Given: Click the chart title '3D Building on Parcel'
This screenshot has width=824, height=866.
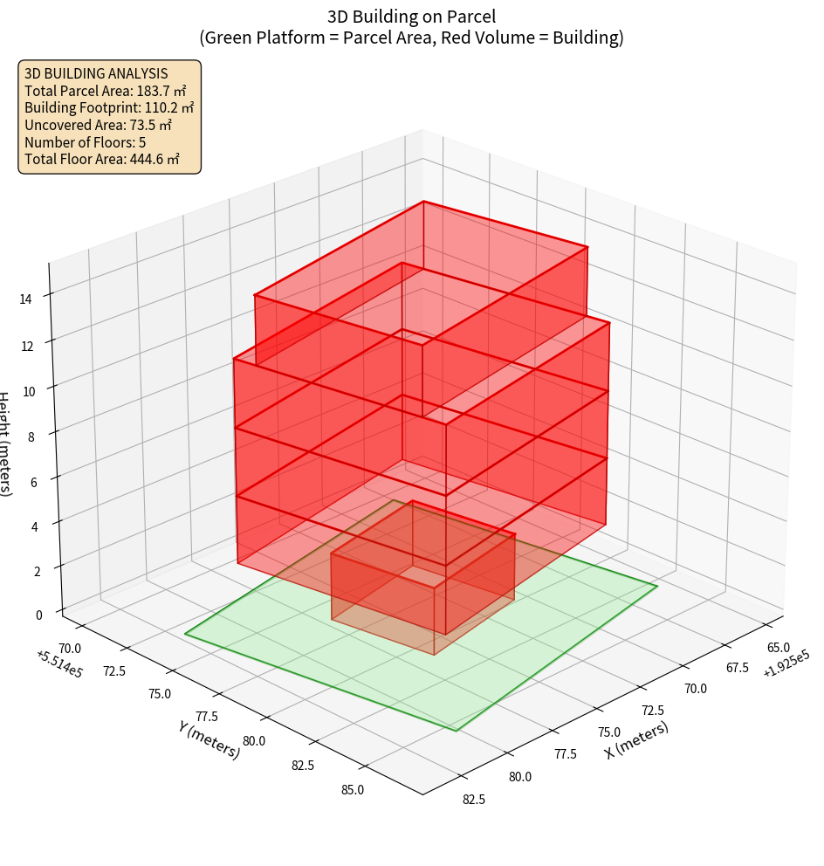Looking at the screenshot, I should tap(412, 16).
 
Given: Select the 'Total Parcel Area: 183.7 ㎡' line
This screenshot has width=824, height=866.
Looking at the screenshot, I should tap(106, 91).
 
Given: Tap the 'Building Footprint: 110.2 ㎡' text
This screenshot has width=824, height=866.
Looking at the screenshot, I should tap(109, 107).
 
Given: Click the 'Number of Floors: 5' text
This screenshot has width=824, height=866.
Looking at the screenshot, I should tap(86, 142).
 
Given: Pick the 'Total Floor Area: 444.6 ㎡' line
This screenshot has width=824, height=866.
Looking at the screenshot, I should tap(102, 159).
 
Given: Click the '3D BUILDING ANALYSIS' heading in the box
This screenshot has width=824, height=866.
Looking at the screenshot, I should tap(96, 73).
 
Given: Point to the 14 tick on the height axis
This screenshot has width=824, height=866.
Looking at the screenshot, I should tap(26, 299).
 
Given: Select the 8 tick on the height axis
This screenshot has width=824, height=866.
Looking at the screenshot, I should tap(31, 435).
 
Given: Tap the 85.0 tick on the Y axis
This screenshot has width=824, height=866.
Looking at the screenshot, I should tap(353, 790).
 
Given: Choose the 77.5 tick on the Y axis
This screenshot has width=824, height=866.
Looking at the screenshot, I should tap(205, 718).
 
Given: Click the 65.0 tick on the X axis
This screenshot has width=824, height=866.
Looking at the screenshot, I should tap(778, 648).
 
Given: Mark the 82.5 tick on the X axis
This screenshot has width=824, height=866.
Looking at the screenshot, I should tap(474, 799).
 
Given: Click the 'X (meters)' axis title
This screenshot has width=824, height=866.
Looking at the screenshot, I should tap(637, 740).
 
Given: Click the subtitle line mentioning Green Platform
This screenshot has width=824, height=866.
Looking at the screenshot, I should tap(412, 38).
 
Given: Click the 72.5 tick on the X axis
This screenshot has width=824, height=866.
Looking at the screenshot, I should tap(652, 711).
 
